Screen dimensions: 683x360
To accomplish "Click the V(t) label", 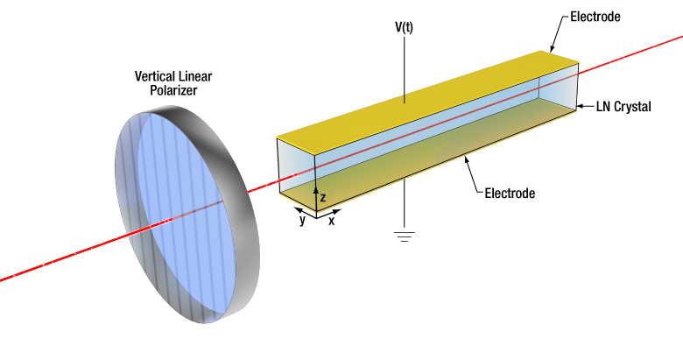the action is click(x=404, y=27).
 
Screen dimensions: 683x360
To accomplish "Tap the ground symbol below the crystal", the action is click(x=405, y=236).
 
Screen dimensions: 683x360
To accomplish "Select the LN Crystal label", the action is click(x=623, y=106).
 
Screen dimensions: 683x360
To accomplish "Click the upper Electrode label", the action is click(x=595, y=17).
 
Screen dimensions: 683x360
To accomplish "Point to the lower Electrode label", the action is click(x=510, y=193).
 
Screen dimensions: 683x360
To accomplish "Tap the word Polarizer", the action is click(x=173, y=90).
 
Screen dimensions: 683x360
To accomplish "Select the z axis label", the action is click(x=323, y=197).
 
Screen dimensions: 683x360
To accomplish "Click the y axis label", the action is click(x=302, y=220).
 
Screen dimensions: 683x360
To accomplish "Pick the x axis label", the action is click(x=332, y=221).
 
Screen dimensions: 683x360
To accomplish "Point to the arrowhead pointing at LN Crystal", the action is click(x=580, y=106).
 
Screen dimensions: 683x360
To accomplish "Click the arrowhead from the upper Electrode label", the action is click(x=552, y=49).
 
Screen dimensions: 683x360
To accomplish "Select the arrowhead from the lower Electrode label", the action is click(x=467, y=159).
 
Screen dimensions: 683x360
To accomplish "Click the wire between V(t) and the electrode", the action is click(x=405, y=70).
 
